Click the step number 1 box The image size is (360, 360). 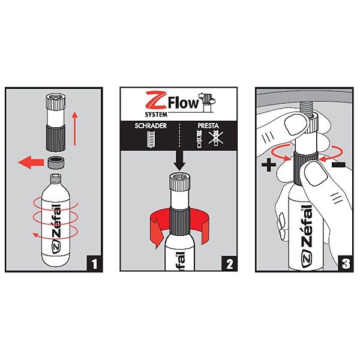pos(94,263)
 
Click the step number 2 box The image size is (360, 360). pos(229,263)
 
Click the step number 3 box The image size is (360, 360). pos(346,263)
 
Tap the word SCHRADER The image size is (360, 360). pos(151,126)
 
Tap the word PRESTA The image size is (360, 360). pos(208,126)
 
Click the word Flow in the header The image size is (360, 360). pos(184,104)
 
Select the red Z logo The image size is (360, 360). pos(156,100)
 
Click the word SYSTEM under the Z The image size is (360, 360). pos(156,115)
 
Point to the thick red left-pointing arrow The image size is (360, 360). pos(31,163)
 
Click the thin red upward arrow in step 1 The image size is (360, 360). pos(75,128)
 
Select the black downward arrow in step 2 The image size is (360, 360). pos(179,160)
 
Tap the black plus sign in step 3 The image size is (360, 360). pos(269,164)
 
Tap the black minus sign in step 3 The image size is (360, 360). pos(338,164)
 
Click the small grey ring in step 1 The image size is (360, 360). pos(56,163)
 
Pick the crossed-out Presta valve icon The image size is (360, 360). pos(215,138)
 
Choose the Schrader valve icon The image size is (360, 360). pos(151,139)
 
